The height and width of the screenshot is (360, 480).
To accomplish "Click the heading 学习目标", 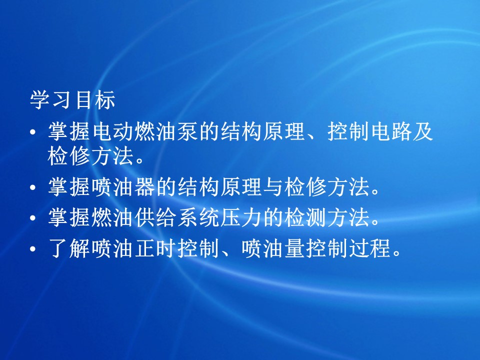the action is [72, 99].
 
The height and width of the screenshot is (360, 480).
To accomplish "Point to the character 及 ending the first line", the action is [423, 131].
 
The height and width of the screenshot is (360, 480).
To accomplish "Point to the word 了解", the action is [69, 248].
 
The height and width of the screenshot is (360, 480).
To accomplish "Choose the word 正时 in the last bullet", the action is [155, 248].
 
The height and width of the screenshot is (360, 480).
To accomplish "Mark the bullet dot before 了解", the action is [33, 249].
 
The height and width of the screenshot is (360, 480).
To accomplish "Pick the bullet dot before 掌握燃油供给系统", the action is [33, 218].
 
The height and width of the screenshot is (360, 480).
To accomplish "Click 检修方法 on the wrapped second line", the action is [90, 156].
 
